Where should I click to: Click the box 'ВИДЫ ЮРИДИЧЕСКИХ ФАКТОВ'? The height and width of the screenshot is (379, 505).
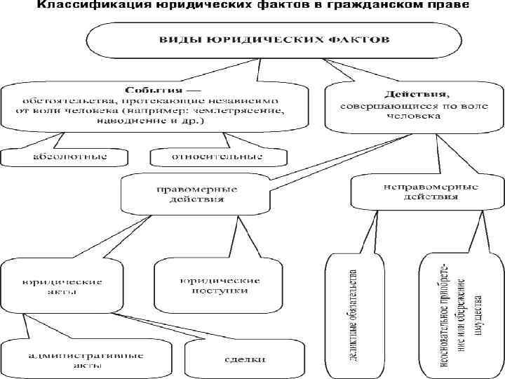[252, 40]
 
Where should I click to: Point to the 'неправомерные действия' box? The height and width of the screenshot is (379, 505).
[421, 192]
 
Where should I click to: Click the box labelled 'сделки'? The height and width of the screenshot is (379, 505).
[245, 360]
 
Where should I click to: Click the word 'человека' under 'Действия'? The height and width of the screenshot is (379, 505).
[408, 117]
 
